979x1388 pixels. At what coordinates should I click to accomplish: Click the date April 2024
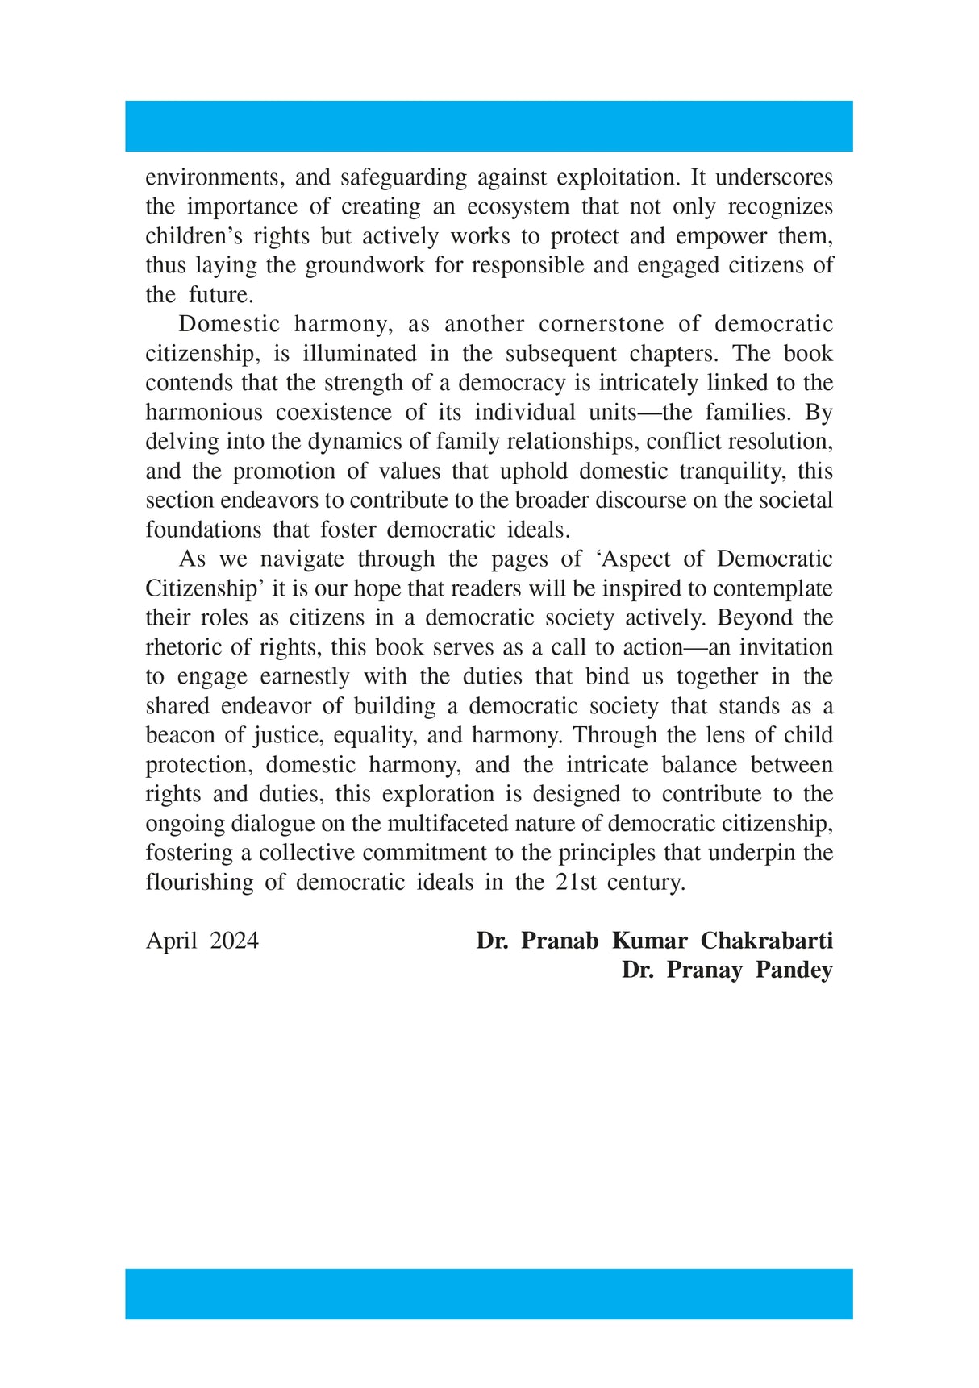tap(202, 941)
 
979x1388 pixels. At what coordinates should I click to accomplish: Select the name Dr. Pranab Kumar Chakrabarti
tap(654, 941)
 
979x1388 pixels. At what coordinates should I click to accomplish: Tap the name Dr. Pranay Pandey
tap(727, 970)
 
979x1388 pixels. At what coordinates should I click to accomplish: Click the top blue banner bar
tap(489, 126)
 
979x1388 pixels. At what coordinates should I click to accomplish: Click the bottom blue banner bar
tap(489, 1294)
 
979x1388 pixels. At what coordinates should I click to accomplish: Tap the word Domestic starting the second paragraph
tap(229, 324)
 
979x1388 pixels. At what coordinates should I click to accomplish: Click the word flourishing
tap(199, 882)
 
